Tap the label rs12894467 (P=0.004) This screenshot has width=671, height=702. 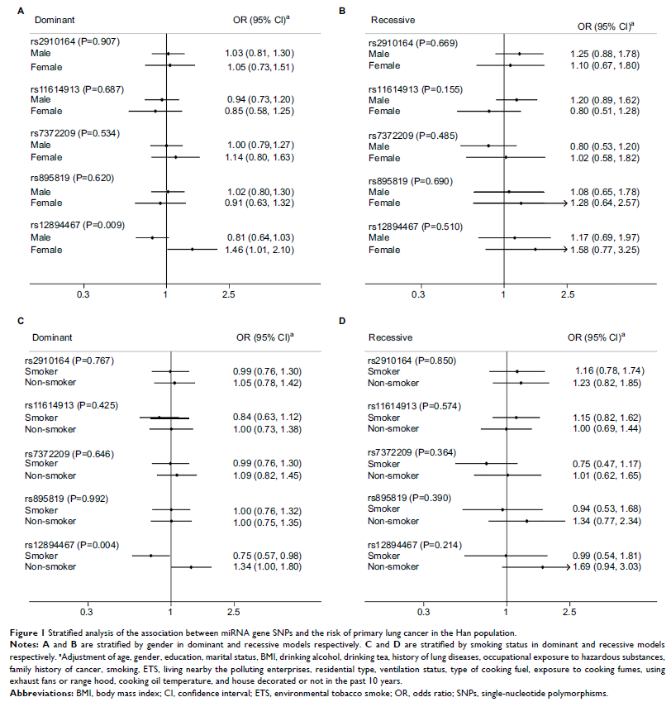click(x=74, y=544)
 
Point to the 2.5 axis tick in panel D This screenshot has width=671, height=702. click(x=569, y=613)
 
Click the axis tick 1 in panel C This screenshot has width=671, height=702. click(x=170, y=613)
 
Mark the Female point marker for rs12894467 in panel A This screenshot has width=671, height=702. click(x=192, y=248)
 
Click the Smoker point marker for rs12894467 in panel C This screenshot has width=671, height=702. click(x=150, y=556)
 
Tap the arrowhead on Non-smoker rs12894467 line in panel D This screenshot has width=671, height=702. click(x=569, y=567)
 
